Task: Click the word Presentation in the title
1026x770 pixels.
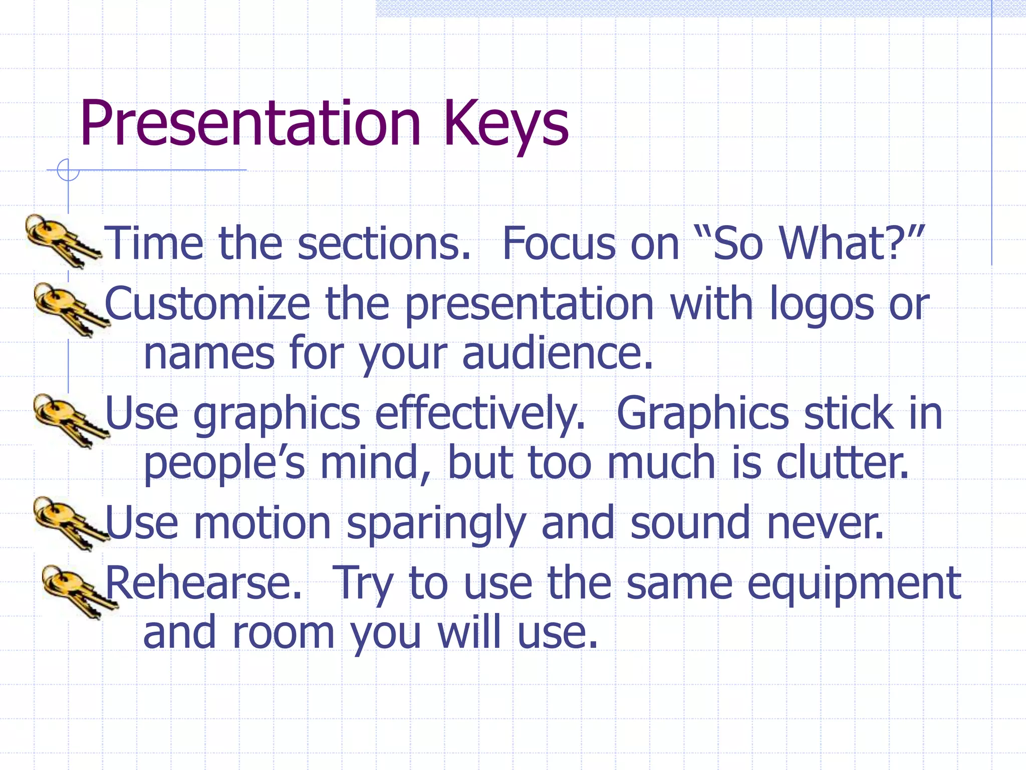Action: coord(249,123)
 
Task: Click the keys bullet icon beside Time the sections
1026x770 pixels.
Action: coord(62,241)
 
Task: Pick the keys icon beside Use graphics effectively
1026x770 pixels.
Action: coord(70,420)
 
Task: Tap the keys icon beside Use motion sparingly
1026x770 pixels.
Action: coord(70,523)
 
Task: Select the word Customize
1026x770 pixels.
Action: coord(207,304)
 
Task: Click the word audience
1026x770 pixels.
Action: coord(557,353)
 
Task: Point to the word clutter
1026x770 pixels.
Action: coord(842,463)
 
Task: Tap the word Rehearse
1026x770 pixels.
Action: coord(203,583)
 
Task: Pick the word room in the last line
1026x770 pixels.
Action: coord(284,633)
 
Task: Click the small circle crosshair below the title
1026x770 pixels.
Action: coord(68,170)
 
